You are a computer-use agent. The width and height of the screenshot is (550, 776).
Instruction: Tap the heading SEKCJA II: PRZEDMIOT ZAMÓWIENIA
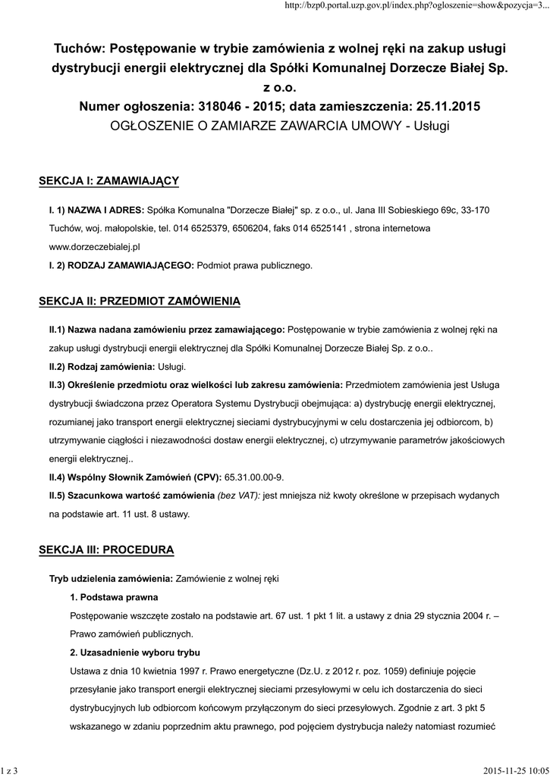click(140, 301)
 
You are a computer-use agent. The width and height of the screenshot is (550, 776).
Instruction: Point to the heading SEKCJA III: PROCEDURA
click(106, 548)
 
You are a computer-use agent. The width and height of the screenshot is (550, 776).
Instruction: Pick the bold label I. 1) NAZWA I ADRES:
click(96, 208)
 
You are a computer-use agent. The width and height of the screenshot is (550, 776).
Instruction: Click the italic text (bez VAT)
click(238, 496)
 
